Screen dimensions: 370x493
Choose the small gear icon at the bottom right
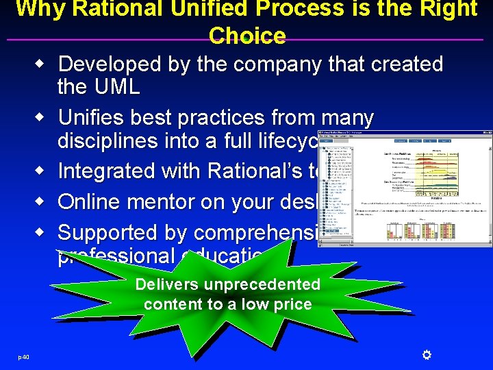click(x=425, y=354)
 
